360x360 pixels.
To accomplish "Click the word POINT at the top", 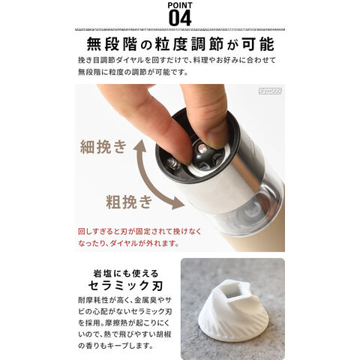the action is pos(180,5).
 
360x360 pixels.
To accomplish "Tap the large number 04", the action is pos(180,18).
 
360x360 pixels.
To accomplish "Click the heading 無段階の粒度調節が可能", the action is pos(180,44).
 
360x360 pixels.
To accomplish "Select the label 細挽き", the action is pos(103,147).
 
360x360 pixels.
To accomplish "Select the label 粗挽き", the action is pos(129,202).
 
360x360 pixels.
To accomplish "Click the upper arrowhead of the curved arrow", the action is pos(139,145).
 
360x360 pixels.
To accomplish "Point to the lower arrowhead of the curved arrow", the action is pos(178,203).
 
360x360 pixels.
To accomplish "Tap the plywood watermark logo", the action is pos(270,91).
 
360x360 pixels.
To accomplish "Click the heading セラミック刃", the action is pos(126,286).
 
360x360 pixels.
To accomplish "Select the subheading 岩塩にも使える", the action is pos(126,273).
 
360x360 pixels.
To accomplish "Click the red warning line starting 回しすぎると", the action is pos(139,232).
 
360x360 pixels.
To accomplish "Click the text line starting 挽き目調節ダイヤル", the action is pos(177,61).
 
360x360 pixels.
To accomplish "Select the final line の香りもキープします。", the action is pos(115,346).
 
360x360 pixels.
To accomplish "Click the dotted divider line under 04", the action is pos(180,29).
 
